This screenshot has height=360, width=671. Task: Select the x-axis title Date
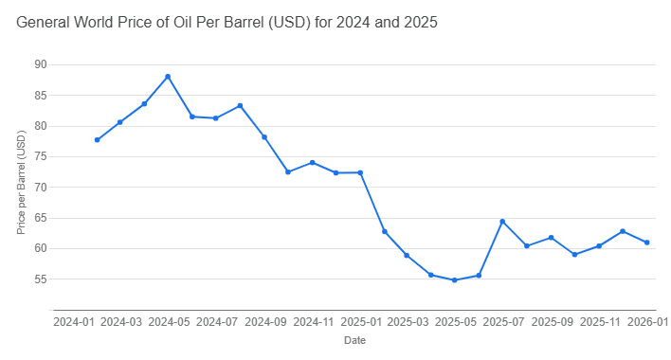[x=354, y=339]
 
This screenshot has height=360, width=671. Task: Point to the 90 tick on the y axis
[x=40, y=64]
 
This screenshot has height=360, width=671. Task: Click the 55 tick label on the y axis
[x=40, y=279]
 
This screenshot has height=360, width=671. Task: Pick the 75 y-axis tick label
[x=40, y=156]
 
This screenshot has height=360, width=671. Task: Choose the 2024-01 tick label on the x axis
[x=73, y=322]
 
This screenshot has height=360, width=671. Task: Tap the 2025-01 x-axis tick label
[x=360, y=322]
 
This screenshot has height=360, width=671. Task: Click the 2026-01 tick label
[x=649, y=322]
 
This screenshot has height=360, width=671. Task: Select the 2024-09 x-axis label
[x=264, y=322]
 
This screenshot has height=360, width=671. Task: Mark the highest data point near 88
[x=168, y=76]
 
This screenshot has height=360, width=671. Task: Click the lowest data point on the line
[x=455, y=280]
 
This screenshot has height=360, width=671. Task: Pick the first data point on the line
[x=97, y=140]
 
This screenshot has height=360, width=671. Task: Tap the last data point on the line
[x=647, y=243]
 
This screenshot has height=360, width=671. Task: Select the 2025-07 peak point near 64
[x=503, y=222]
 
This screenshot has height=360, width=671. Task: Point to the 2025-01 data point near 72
[x=360, y=172]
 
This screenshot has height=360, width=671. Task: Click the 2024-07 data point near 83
[x=240, y=105]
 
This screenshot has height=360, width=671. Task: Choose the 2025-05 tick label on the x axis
[x=456, y=322]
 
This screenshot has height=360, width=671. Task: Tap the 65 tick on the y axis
[x=40, y=218]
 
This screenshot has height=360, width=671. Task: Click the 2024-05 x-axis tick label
[x=169, y=322]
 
